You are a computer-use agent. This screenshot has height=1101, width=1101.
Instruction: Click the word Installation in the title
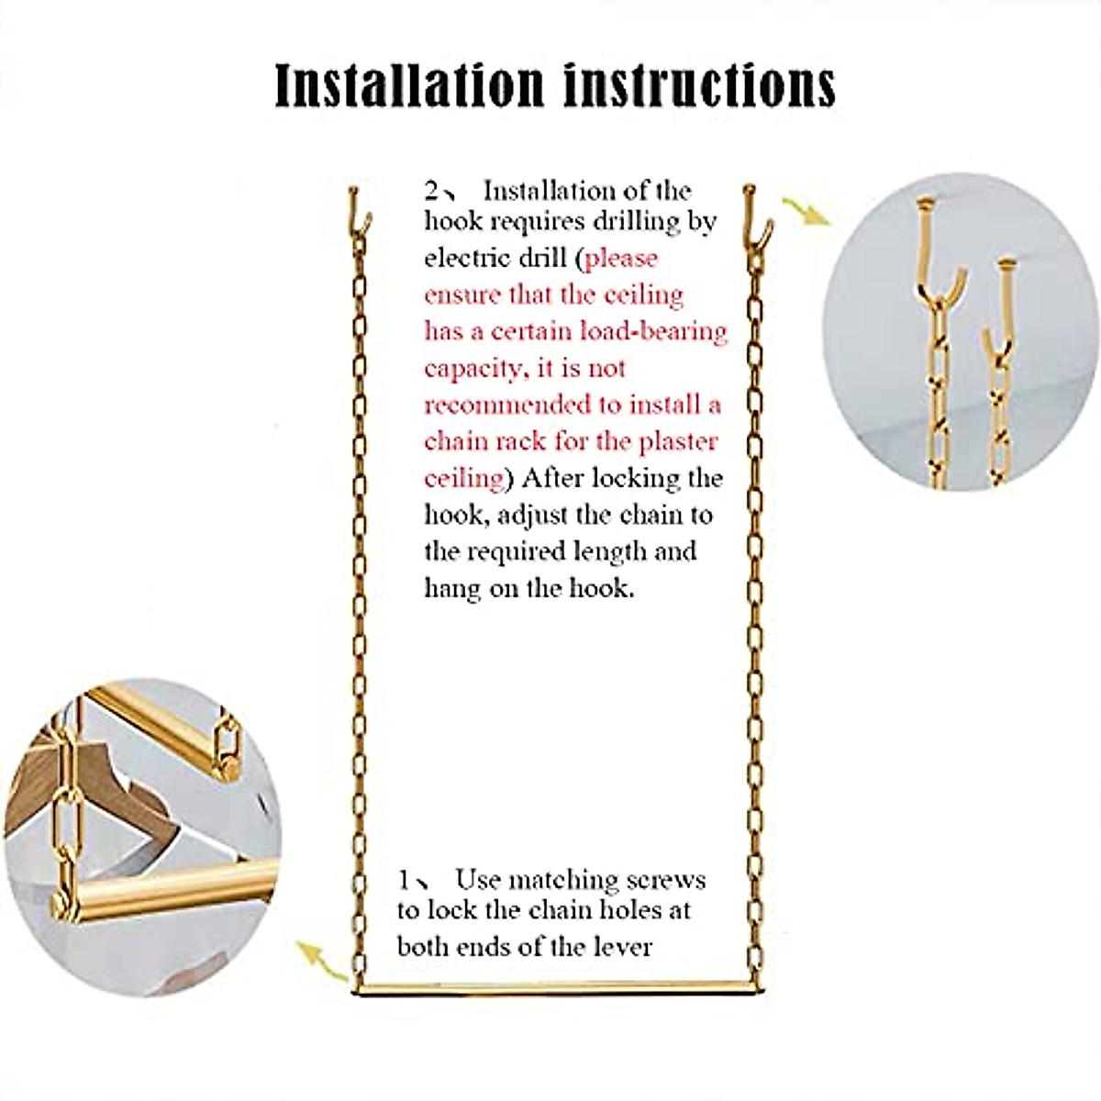tap(409, 85)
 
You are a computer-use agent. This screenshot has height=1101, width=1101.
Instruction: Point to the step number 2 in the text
tap(432, 191)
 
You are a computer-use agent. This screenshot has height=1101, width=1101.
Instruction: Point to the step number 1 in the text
tap(405, 881)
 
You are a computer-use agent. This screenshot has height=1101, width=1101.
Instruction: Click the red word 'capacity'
tap(472, 369)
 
